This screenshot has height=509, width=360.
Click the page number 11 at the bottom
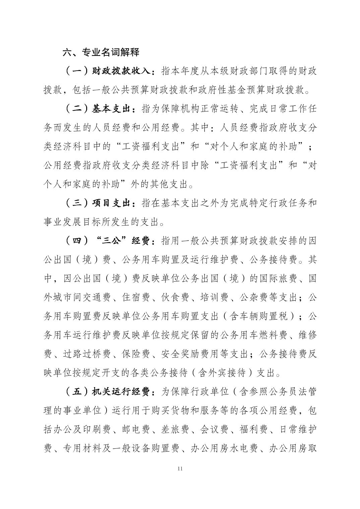tap(180, 468)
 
